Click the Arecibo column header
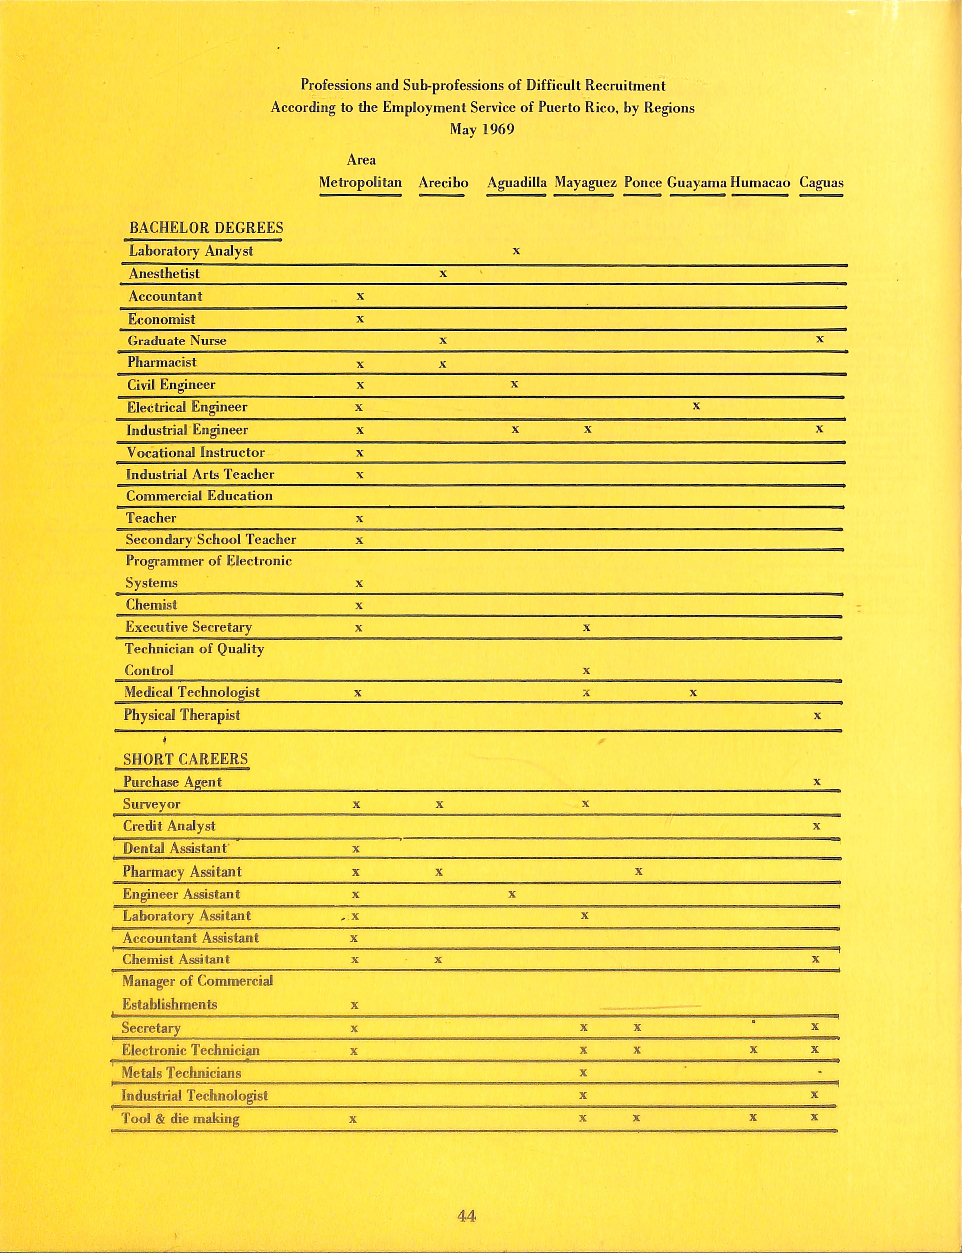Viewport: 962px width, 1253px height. (x=443, y=183)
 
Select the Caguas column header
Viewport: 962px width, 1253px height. (x=821, y=183)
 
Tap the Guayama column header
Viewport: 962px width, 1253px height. (x=697, y=183)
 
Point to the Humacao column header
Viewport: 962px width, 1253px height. (x=760, y=183)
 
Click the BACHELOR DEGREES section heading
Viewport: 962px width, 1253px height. (x=206, y=228)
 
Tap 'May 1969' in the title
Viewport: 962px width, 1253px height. (x=482, y=129)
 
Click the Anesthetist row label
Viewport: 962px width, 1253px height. (x=164, y=274)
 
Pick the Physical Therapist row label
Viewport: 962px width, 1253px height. (x=182, y=715)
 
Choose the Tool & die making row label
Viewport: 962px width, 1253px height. (x=180, y=1118)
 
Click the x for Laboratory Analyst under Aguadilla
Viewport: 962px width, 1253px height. (x=516, y=251)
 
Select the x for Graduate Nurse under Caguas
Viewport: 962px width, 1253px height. (x=820, y=339)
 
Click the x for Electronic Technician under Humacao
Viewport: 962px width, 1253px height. (x=754, y=1050)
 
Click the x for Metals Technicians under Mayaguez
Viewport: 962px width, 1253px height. (x=583, y=1073)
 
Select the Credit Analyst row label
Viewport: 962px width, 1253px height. (x=169, y=826)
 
